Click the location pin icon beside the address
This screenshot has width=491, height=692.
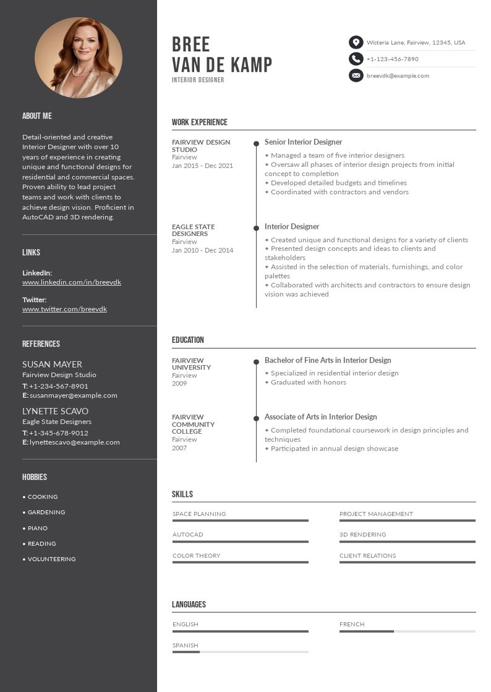point(356,43)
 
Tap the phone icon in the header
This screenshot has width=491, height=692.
point(356,59)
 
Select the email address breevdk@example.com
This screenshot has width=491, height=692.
point(398,76)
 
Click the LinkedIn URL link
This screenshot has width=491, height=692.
point(72,282)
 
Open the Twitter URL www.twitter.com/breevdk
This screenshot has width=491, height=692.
point(64,309)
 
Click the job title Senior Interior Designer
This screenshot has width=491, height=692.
point(303,142)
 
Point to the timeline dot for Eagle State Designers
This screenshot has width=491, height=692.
point(256,228)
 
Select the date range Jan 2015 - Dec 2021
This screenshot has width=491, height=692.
point(202,166)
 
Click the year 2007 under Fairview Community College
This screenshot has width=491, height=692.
point(179,447)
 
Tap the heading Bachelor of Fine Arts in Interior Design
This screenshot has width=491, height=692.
point(328,360)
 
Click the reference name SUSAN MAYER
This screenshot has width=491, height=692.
point(52,365)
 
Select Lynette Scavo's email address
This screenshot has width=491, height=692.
point(74,442)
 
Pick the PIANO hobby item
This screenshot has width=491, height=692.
point(37,528)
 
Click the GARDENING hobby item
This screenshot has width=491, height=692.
point(46,512)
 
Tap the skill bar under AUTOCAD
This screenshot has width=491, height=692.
point(240,542)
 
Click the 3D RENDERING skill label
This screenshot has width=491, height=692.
point(362,534)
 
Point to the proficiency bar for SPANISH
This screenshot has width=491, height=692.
point(240,652)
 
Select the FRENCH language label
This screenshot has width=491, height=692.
point(352,625)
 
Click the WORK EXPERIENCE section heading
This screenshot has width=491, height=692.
point(200,122)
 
